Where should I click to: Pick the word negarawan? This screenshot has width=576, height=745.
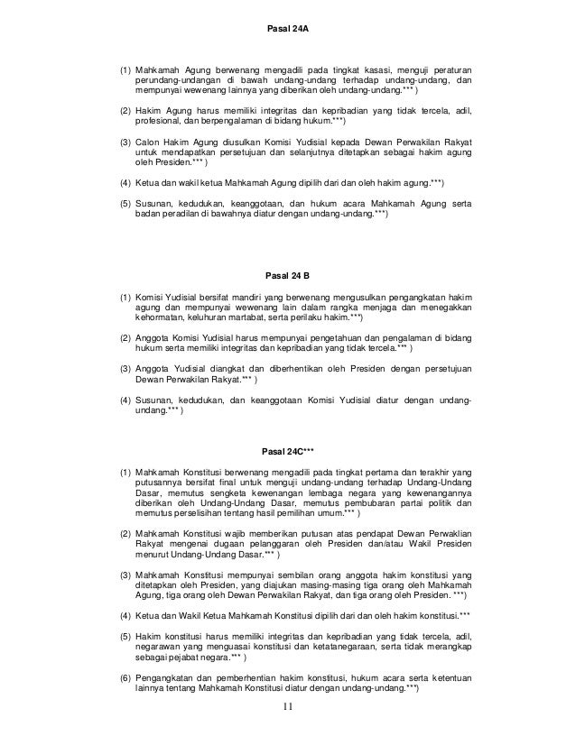click(x=161, y=646)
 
